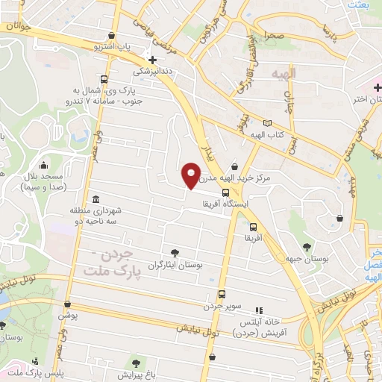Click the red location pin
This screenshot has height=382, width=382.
(x=192, y=175)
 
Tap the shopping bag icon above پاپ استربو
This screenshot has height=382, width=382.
(x=111, y=35)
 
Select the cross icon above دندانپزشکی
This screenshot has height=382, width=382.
(x=153, y=60)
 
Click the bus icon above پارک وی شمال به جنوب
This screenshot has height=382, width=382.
(x=103, y=80)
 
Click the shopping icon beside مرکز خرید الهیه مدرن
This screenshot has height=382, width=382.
(x=236, y=166)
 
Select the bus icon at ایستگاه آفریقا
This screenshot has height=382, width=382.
(x=226, y=192)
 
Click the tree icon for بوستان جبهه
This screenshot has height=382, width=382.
(x=306, y=246)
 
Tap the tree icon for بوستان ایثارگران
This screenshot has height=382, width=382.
(x=175, y=253)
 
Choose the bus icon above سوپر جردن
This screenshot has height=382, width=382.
(x=222, y=294)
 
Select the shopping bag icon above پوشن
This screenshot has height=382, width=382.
(x=68, y=304)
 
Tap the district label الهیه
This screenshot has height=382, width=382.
(x=284, y=73)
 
